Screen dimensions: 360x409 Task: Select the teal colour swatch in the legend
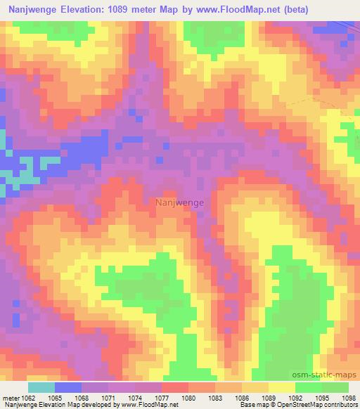tap(41, 387)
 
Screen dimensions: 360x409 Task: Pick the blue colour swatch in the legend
tap(68, 387)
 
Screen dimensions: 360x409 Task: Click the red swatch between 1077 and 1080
tap(175, 387)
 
